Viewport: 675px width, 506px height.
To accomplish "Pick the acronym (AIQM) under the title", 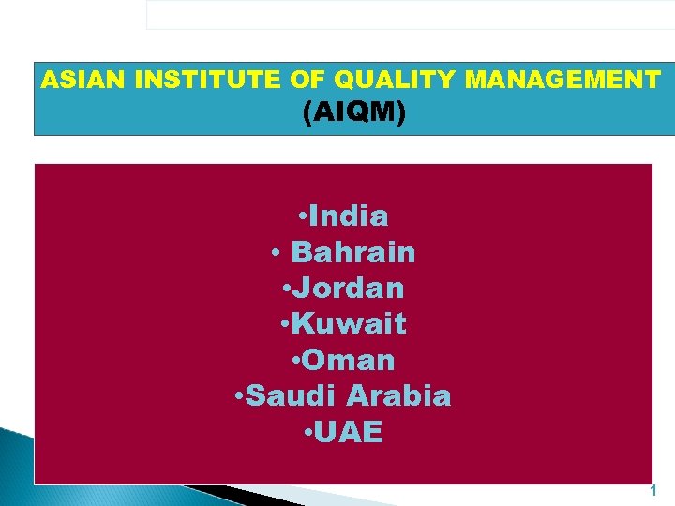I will pyautogui.click(x=355, y=113).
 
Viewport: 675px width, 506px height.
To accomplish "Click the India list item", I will pyautogui.click(x=348, y=216).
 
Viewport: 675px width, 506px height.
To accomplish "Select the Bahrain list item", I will pyautogui.click(x=353, y=252).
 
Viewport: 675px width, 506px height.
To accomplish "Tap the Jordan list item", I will pyautogui.click(x=348, y=289).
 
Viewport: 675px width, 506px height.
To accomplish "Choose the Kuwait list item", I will pyautogui.click(x=349, y=324).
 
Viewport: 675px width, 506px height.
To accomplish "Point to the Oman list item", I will pyautogui.click(x=349, y=361).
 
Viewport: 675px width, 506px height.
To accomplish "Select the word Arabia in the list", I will pyautogui.click(x=398, y=396).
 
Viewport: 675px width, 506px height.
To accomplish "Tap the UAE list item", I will pyautogui.click(x=351, y=433).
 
